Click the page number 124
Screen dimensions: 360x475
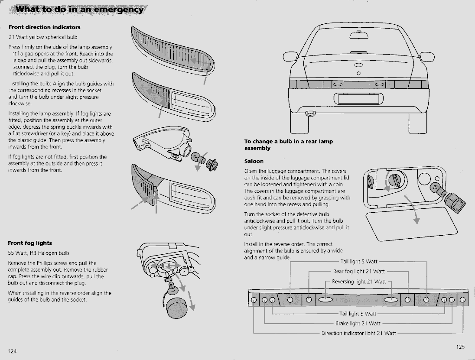[x=12, y=350]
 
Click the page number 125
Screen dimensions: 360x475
[x=460, y=346]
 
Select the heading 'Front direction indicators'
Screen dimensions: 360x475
[x=45, y=27]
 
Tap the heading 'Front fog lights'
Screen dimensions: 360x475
[x=30, y=243]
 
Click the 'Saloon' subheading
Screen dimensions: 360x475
[x=254, y=161]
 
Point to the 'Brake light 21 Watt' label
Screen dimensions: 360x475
[x=358, y=323]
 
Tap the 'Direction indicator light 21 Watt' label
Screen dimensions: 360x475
[x=358, y=333]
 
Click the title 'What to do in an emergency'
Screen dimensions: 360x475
[x=80, y=9]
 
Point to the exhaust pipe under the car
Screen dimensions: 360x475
[x=309, y=114]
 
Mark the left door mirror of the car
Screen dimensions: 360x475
[x=289, y=57]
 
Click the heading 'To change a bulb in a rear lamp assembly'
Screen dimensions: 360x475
[x=288, y=145]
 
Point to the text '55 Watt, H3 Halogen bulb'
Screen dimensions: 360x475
[x=39, y=253]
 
